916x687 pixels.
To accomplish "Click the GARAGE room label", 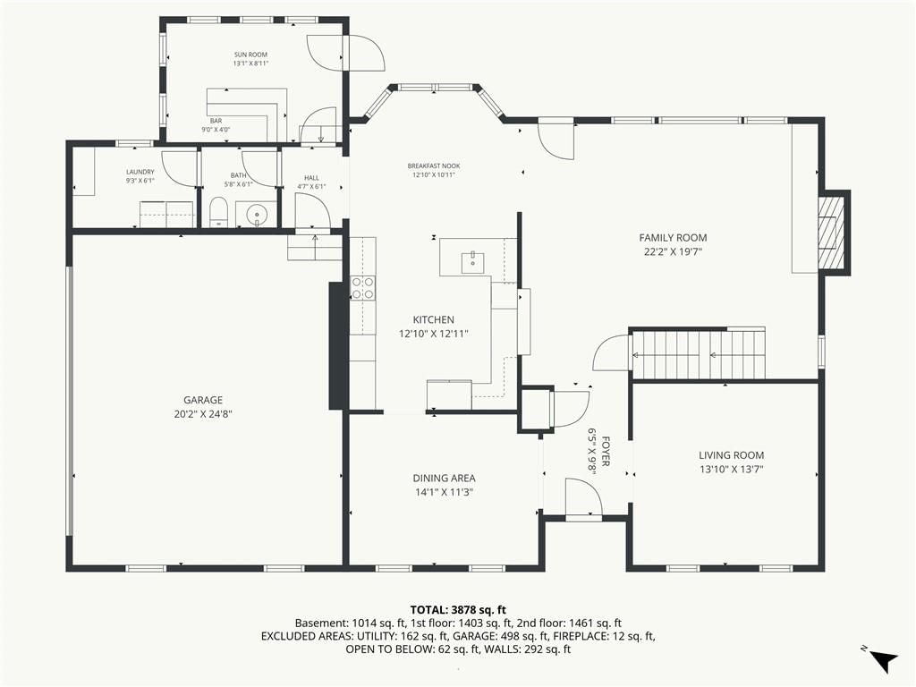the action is pyautogui.click(x=203, y=400).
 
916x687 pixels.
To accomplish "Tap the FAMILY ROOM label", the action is pyautogui.click(x=673, y=238).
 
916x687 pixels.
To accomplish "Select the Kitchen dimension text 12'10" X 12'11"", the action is pyautogui.click(x=434, y=335).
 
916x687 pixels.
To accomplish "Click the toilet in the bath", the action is pyautogui.click(x=218, y=212).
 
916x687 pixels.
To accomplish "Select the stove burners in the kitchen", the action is pyautogui.click(x=363, y=288).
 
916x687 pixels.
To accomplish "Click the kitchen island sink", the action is pyautogui.click(x=472, y=263).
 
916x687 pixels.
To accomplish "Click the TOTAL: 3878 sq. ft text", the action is pyautogui.click(x=458, y=611).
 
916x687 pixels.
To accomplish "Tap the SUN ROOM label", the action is pyautogui.click(x=250, y=55).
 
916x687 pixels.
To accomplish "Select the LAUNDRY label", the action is pyautogui.click(x=140, y=173).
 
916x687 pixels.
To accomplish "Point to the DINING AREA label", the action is pyautogui.click(x=444, y=479).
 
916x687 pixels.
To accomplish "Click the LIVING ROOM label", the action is pyautogui.click(x=732, y=455).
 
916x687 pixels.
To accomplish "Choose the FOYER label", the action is pyautogui.click(x=606, y=451).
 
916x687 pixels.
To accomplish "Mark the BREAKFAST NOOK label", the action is pyautogui.click(x=434, y=165).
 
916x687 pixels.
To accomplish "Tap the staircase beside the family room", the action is pyautogui.click(x=700, y=354).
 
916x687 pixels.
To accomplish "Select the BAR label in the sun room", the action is pyautogui.click(x=216, y=121).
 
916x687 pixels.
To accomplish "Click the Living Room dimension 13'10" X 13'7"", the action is pyautogui.click(x=732, y=469).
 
